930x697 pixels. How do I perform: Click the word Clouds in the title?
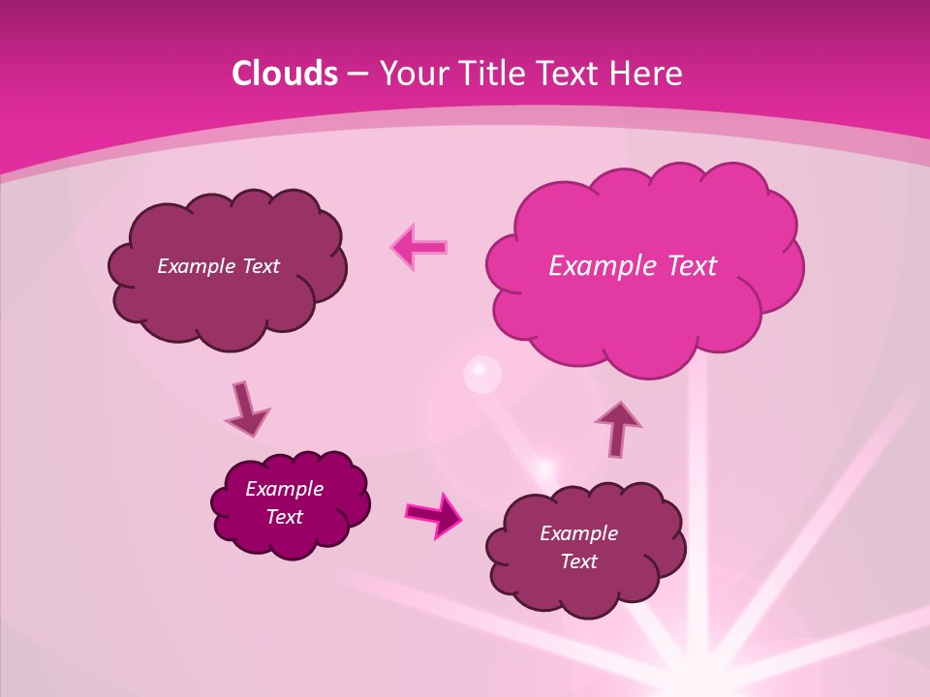click(285, 74)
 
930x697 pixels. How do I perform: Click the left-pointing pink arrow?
click(419, 247)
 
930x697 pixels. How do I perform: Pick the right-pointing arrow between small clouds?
click(433, 514)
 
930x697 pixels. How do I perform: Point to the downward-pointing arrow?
click(246, 409)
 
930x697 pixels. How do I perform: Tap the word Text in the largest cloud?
click(690, 266)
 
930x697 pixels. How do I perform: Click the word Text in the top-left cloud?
click(259, 266)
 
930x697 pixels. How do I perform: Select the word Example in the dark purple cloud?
click(284, 489)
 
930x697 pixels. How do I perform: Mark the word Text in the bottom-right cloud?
click(578, 561)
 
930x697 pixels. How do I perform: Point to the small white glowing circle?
click(482, 375)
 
